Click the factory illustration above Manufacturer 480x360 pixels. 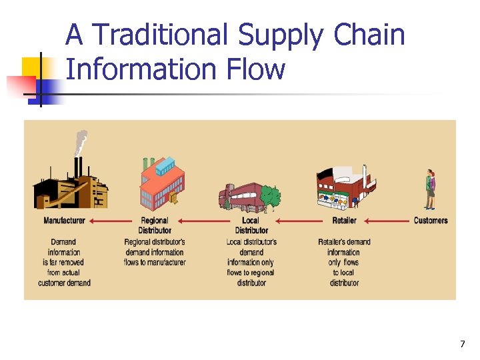(71, 183)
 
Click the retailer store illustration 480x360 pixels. (341, 187)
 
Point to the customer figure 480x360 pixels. (430, 189)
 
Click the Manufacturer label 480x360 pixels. (65, 221)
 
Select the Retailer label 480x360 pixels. (344, 221)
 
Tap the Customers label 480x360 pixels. (431, 221)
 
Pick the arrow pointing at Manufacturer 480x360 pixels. (110, 221)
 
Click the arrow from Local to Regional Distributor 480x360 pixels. (203, 221)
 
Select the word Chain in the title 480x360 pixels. (370, 35)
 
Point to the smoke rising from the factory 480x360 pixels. (81, 142)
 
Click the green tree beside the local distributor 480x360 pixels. (270, 196)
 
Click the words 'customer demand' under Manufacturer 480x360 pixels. (65, 283)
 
